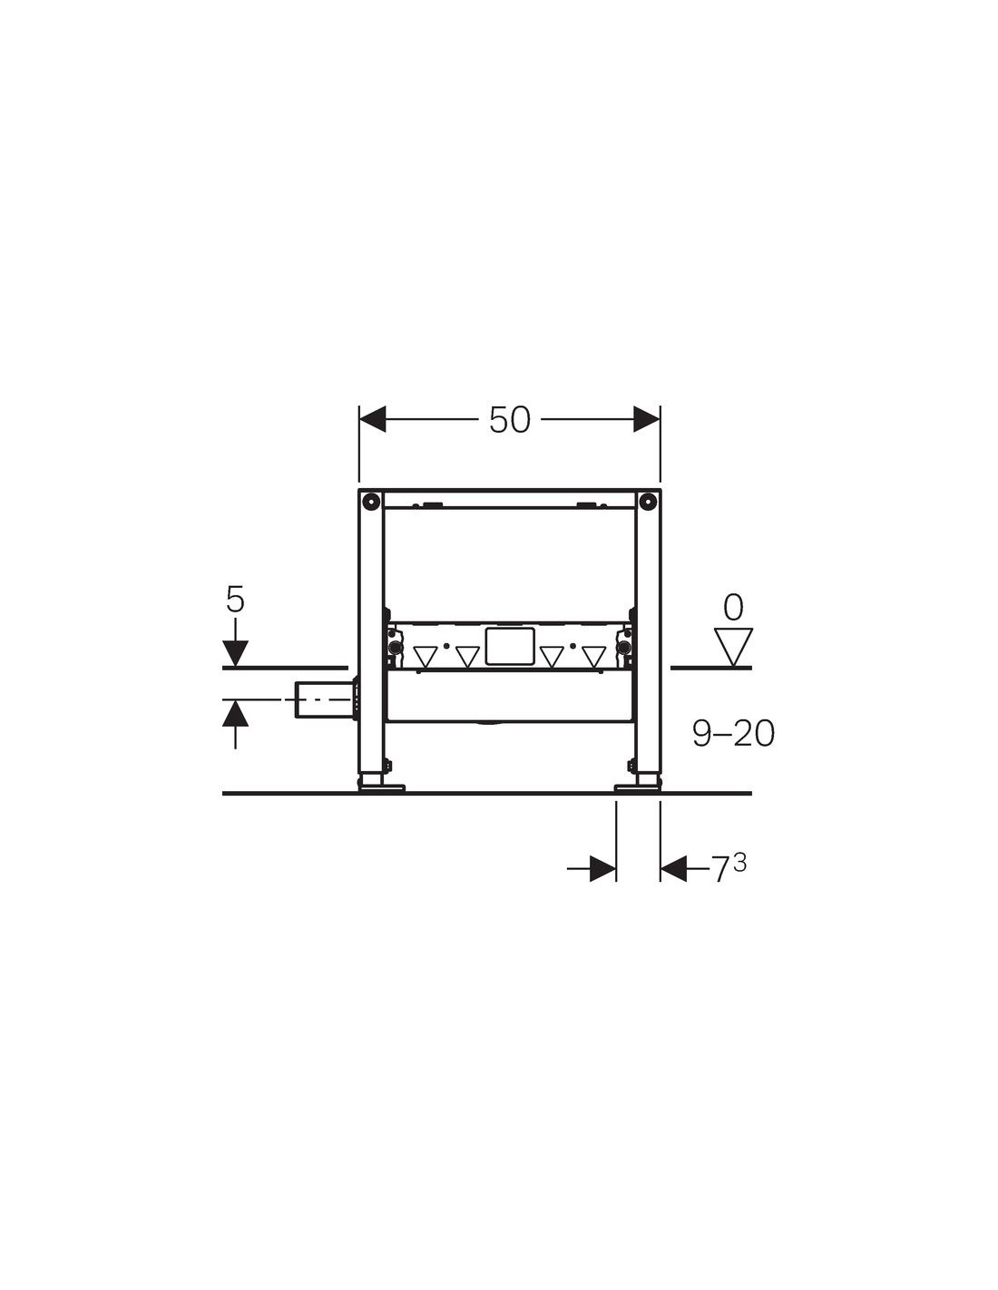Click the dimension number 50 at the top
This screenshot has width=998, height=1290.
click(509, 420)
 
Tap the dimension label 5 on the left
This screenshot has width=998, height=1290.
click(235, 601)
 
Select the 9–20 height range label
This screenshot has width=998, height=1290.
click(733, 734)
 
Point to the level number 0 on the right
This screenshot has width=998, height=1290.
click(734, 608)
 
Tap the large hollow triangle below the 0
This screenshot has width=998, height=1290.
click(734, 647)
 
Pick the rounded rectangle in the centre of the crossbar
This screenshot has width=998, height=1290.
click(509, 646)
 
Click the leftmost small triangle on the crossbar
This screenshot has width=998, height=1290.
click(426, 656)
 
